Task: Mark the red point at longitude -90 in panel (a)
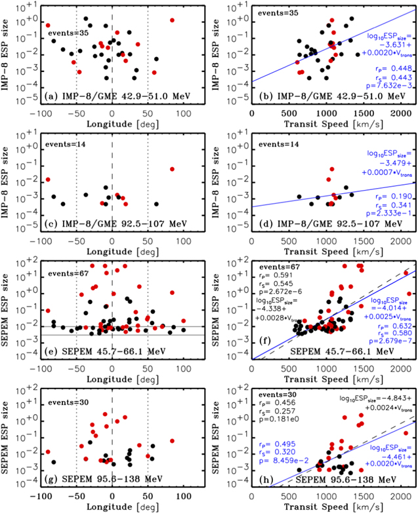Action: (47, 25)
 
